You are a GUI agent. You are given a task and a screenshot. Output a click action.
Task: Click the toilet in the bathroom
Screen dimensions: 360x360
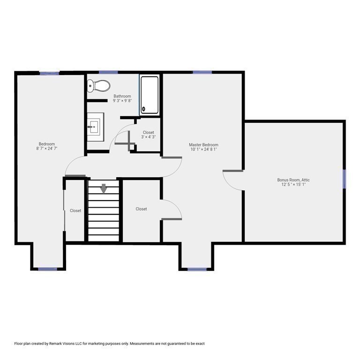click(99, 86)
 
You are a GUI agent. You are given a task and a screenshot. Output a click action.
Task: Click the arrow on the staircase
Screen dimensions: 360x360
click(103, 188)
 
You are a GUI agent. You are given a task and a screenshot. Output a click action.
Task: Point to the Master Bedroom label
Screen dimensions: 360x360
click(203, 145)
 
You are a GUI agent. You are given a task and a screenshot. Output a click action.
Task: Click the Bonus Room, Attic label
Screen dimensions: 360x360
click(293, 180)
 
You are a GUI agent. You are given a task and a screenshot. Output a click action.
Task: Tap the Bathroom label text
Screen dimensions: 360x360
click(122, 96)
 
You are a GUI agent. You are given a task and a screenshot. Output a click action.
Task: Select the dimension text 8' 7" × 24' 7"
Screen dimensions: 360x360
click(47, 149)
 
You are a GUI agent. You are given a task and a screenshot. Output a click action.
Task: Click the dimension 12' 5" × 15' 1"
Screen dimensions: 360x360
click(293, 185)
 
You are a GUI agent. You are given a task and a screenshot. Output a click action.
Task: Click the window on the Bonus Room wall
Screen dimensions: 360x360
click(344, 179)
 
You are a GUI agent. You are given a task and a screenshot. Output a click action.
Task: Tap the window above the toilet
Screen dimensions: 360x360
click(108, 72)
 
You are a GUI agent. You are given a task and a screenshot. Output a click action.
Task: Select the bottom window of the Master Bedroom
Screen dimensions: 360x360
click(197, 270)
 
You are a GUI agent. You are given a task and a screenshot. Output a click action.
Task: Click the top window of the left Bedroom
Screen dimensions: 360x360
click(49, 73)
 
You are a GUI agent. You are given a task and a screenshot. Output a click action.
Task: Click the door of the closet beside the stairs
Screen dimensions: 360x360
click(172, 209)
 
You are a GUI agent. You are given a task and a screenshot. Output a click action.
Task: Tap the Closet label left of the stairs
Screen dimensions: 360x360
click(75, 211)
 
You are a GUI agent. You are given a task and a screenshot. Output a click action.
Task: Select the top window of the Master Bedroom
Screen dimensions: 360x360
click(202, 72)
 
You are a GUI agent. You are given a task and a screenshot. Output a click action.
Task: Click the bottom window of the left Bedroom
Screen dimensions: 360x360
click(47, 269)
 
